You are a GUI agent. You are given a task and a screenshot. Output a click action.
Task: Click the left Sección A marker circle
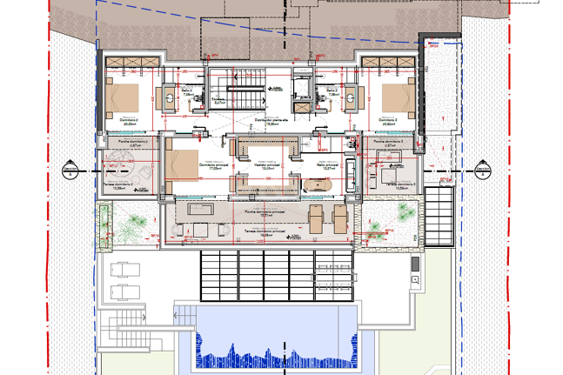(x=70, y=169)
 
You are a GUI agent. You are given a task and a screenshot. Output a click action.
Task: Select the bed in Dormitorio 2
(x=122, y=95)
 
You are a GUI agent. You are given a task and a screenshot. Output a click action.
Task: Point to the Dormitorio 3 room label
(x=395, y=121)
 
